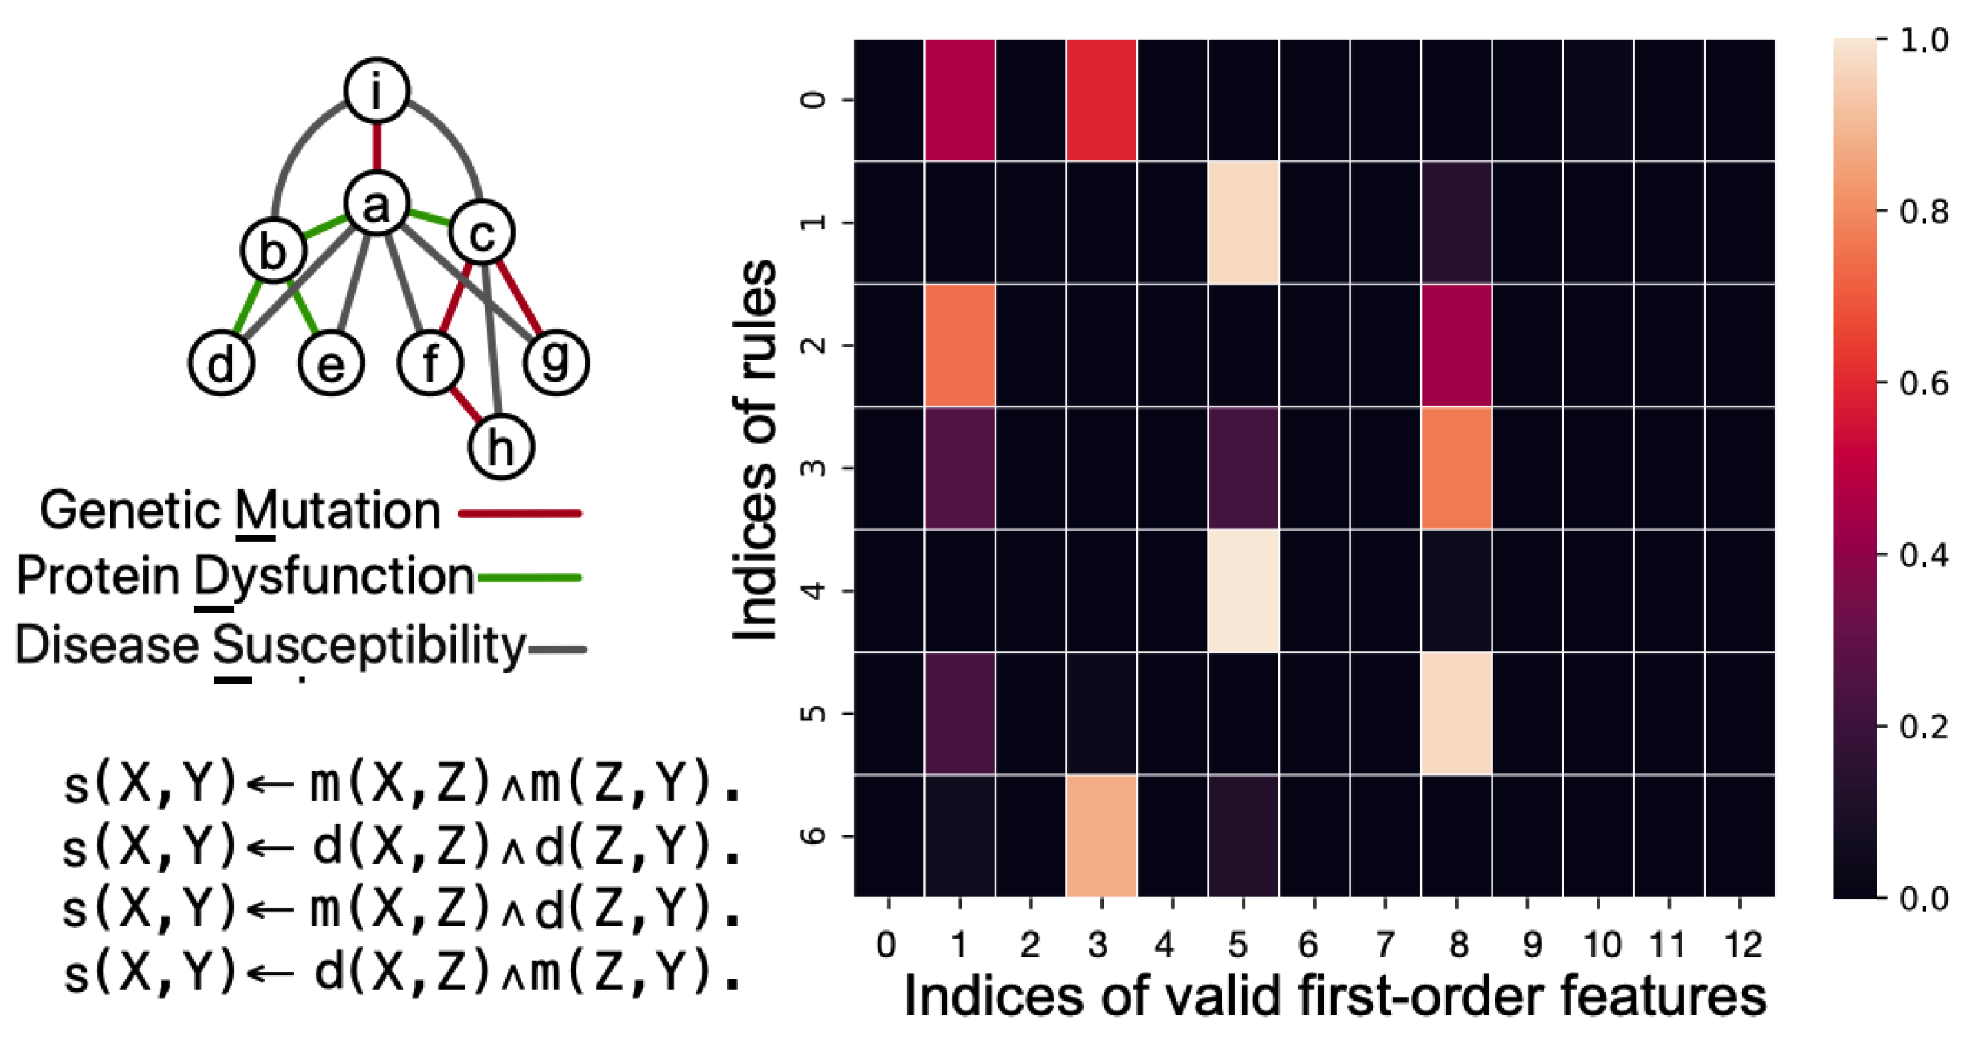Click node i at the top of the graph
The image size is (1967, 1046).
[x=376, y=90]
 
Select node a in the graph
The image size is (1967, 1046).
[x=376, y=204]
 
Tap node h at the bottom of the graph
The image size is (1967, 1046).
[x=500, y=446]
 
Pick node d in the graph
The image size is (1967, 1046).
[x=221, y=363]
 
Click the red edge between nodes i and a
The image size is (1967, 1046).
[x=377, y=146]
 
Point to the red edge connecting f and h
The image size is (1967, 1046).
[x=465, y=404]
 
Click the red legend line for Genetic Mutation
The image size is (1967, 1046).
[x=520, y=513]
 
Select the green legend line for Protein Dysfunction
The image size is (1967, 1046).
[x=529, y=577]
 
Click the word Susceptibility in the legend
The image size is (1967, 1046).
[x=369, y=645]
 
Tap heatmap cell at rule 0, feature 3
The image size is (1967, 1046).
[x=1100, y=100]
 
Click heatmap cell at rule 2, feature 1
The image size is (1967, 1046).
[x=959, y=345]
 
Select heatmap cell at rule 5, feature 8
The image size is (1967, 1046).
[x=1456, y=713]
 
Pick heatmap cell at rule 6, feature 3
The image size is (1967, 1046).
[x=1100, y=836]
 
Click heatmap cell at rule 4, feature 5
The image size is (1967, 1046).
[x=1242, y=590]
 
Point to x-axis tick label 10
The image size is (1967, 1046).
[x=1602, y=945]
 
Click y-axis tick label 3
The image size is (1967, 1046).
[x=814, y=468]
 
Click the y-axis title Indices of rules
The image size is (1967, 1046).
[x=755, y=449]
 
